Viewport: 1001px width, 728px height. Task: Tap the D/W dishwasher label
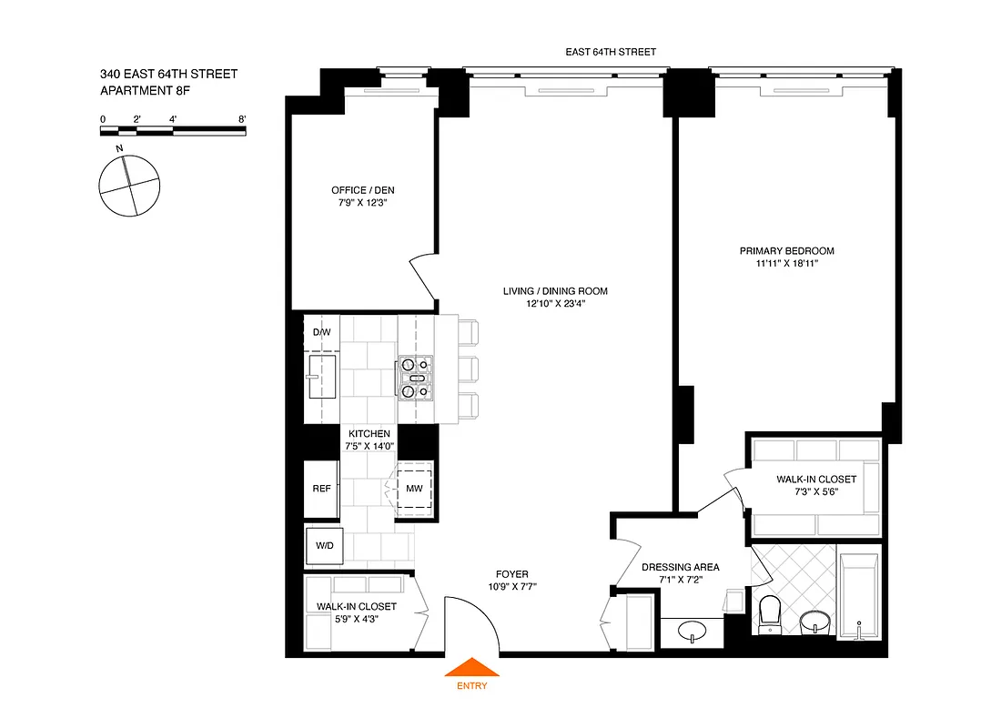pos(321,333)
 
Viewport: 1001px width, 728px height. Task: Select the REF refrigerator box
pos(321,489)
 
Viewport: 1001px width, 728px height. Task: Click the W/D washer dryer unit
pos(323,546)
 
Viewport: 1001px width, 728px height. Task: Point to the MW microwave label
pos(414,490)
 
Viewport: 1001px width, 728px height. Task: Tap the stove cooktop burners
pos(414,378)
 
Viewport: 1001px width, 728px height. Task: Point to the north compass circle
pos(128,186)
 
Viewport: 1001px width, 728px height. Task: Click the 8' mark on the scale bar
pos(242,119)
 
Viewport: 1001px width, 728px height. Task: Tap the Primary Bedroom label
pos(786,251)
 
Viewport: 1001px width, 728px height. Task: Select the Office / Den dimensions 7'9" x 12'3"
pos(362,204)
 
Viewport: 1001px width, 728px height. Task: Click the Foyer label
pos(513,574)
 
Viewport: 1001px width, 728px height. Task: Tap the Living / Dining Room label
pos(554,291)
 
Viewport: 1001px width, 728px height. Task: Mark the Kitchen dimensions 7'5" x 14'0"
pos(368,448)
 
